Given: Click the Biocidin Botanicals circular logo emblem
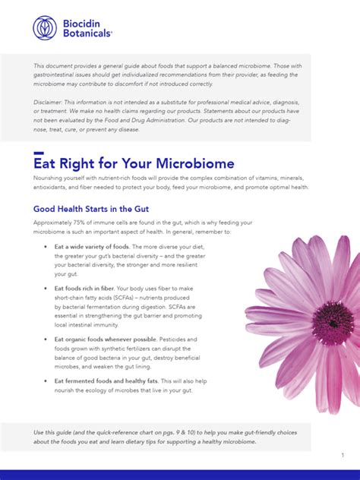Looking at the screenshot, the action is (45, 27).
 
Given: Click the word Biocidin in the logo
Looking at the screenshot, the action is (84, 22).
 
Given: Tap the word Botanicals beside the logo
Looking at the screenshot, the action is (88, 33).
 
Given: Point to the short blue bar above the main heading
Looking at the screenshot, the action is (39, 153).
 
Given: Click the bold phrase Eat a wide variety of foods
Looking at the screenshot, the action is (93, 248).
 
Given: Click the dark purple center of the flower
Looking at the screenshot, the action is (332, 323).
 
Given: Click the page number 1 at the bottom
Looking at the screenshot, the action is (343, 455).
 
